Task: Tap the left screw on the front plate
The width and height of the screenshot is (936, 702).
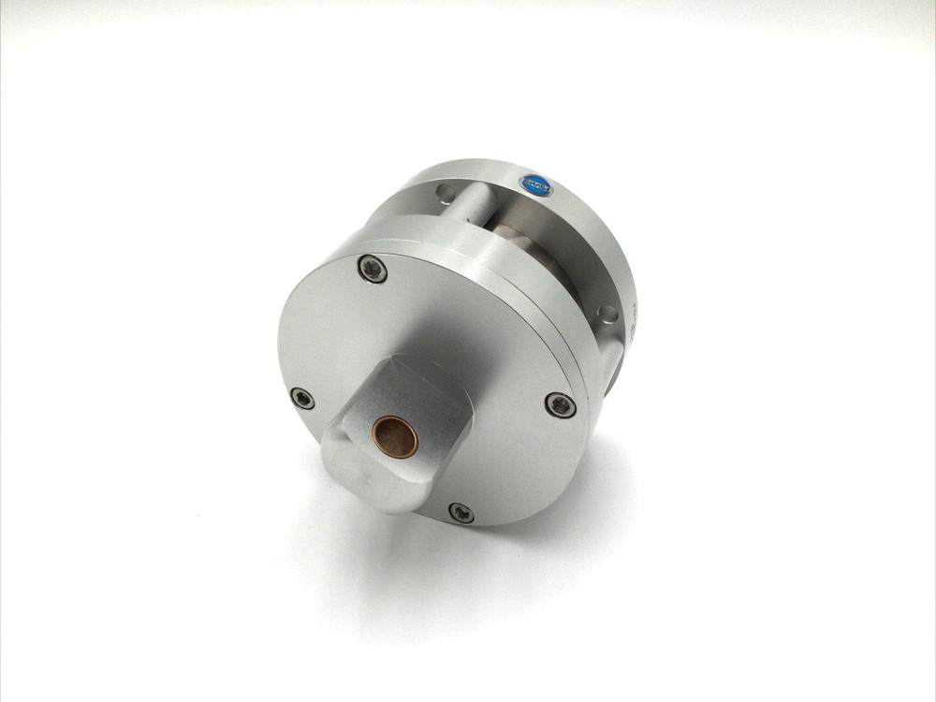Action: [301, 398]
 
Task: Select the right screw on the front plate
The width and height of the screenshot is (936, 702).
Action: [560, 404]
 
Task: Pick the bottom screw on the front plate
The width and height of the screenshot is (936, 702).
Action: [461, 512]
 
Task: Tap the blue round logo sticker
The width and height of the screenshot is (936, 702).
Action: [534, 184]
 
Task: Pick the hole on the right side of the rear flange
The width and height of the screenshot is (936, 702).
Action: [608, 314]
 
